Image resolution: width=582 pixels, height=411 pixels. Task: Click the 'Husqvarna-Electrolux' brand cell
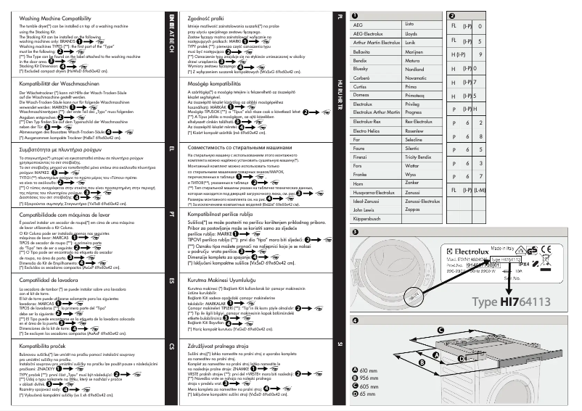pyautogui.click(x=373, y=192)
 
